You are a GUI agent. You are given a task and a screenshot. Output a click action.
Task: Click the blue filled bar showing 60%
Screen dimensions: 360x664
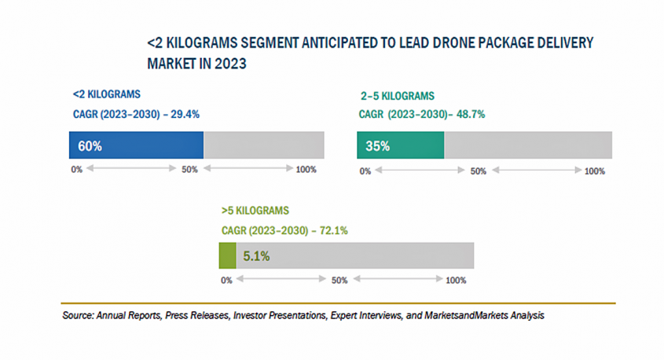click(136, 145)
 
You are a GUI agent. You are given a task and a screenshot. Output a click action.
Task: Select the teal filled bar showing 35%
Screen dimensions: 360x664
click(401, 145)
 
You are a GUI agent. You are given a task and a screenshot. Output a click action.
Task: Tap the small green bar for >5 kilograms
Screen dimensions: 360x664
click(227, 256)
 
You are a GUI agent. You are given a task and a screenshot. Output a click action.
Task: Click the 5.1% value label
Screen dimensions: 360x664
click(258, 256)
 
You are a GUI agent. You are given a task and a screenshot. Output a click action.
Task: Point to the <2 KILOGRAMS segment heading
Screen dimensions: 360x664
click(107, 94)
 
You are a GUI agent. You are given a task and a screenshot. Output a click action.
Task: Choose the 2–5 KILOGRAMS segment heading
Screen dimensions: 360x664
click(397, 96)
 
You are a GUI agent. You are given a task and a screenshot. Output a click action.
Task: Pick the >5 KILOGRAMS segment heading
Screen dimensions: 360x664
click(255, 211)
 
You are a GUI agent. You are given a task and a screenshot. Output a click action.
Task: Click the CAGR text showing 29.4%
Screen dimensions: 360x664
click(136, 114)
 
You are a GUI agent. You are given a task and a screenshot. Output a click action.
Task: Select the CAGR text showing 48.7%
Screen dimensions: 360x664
click(422, 114)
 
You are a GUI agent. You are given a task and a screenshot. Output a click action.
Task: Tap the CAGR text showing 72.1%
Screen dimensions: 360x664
click(284, 231)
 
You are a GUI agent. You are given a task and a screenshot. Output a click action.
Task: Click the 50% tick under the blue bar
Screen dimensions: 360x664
click(189, 170)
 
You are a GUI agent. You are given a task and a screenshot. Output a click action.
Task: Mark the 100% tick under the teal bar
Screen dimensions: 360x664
click(595, 171)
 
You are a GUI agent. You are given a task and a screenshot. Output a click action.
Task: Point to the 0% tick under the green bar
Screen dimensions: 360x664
click(226, 281)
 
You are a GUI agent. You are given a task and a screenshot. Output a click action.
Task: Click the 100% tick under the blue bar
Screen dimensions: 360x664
click(305, 170)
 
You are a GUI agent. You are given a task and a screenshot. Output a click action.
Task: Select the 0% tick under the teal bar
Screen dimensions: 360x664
click(365, 171)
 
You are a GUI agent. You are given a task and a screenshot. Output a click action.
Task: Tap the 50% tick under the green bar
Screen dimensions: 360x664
click(339, 281)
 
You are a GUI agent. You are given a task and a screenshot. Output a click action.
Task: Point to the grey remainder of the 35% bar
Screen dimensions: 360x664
click(528, 145)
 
